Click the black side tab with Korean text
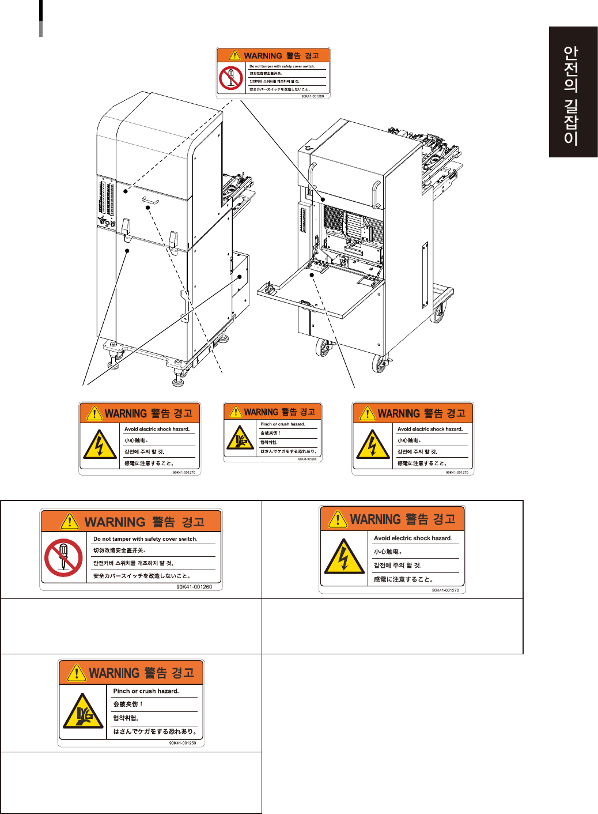[573, 92]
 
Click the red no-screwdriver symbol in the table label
[63, 557]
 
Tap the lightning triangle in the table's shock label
[344, 557]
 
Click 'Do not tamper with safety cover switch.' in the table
[145, 539]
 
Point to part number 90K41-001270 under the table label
[445, 590]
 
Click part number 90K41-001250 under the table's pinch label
[182, 743]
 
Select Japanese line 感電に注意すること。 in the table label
[403, 579]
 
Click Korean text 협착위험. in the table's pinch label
[126, 718]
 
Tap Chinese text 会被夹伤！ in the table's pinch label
[128, 704]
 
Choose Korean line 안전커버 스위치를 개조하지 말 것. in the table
[133, 563]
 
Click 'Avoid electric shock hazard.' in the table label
[412, 538]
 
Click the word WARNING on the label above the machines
[263, 56]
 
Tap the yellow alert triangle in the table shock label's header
[337, 518]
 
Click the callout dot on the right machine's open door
[312, 275]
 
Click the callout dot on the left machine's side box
[240, 277]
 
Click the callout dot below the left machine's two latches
[127, 250]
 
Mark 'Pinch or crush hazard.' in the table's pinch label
[146, 691]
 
